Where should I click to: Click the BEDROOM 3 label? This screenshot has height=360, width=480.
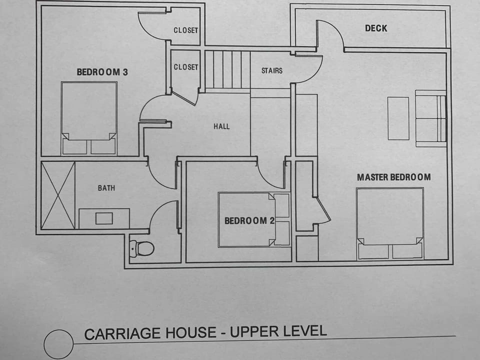pyautogui.click(x=102, y=72)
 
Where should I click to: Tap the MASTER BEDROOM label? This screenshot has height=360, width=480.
pyautogui.click(x=393, y=177)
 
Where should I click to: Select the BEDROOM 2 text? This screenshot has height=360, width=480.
pyautogui.click(x=249, y=220)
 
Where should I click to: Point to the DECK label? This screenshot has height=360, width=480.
pyautogui.click(x=376, y=28)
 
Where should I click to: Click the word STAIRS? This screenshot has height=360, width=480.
pyautogui.click(x=272, y=70)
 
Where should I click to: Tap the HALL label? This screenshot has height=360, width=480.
pyautogui.click(x=221, y=126)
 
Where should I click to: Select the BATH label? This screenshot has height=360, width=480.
pyautogui.click(x=106, y=188)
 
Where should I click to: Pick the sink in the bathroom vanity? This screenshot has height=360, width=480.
pyautogui.click(x=104, y=218)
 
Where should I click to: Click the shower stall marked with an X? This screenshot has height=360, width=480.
pyautogui.click(x=57, y=195)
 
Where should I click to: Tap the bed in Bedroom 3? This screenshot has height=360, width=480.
pyautogui.click(x=89, y=118)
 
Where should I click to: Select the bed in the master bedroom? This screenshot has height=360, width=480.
pyautogui.click(x=390, y=223)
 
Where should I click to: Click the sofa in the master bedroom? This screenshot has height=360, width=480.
pyautogui.click(x=430, y=118)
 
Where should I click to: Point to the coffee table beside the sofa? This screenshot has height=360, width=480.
pyautogui.click(x=398, y=118)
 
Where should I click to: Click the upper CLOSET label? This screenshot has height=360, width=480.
pyautogui.click(x=186, y=30)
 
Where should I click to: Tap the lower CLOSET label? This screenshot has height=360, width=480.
pyautogui.click(x=186, y=67)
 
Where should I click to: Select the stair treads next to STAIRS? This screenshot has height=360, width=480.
pyautogui.click(x=227, y=70)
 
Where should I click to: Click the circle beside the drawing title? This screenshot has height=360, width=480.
pyautogui.click(x=58, y=344)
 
